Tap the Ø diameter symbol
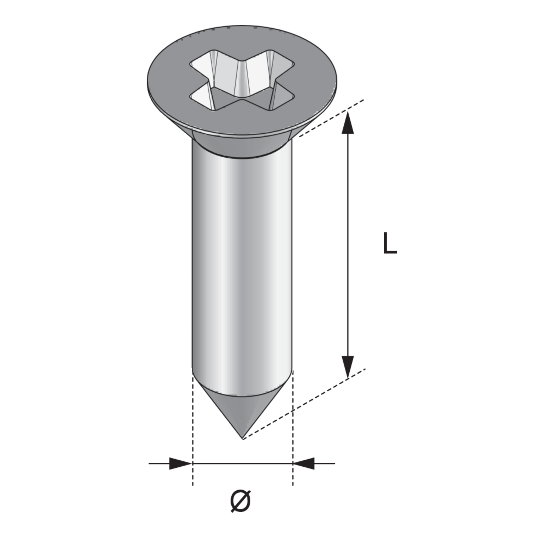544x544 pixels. [x=241, y=501]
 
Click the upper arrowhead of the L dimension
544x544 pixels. [x=348, y=122]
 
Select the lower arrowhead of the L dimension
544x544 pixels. [x=348, y=367]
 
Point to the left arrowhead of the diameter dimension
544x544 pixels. [x=181, y=463]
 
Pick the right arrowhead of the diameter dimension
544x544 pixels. [x=304, y=463]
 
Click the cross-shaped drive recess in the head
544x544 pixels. [x=242, y=80]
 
